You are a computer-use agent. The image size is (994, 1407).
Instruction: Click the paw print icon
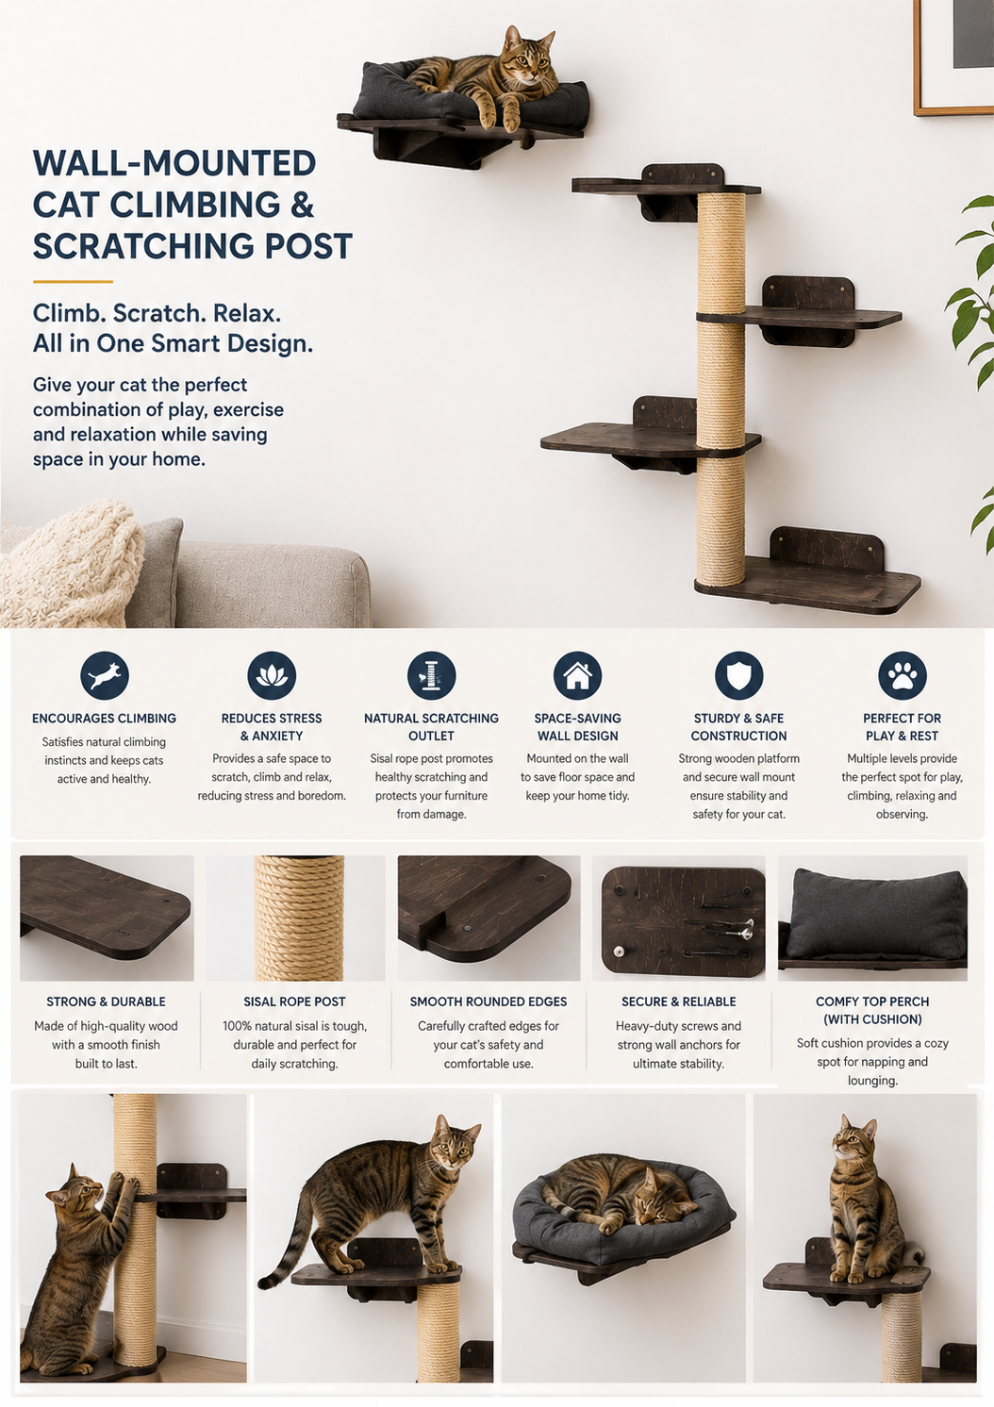click(902, 676)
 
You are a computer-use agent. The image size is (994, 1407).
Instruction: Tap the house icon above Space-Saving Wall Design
click(577, 676)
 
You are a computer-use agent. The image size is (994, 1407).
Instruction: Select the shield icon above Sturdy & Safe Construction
click(739, 676)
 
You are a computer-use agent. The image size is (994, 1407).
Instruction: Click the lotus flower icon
click(272, 676)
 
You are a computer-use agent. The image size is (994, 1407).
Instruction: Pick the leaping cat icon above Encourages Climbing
click(105, 676)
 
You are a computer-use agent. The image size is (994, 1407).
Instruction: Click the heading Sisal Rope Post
click(294, 1001)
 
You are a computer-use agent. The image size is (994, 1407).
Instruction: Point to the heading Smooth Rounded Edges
click(489, 1001)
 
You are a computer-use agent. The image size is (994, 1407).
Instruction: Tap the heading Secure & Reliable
click(679, 1001)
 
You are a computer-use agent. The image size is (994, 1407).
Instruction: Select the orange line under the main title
click(73, 282)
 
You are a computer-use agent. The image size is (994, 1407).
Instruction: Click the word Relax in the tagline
click(246, 313)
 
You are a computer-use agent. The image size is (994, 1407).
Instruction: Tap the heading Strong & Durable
click(107, 1001)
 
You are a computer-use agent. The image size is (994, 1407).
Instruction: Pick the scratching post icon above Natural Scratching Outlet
click(431, 676)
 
